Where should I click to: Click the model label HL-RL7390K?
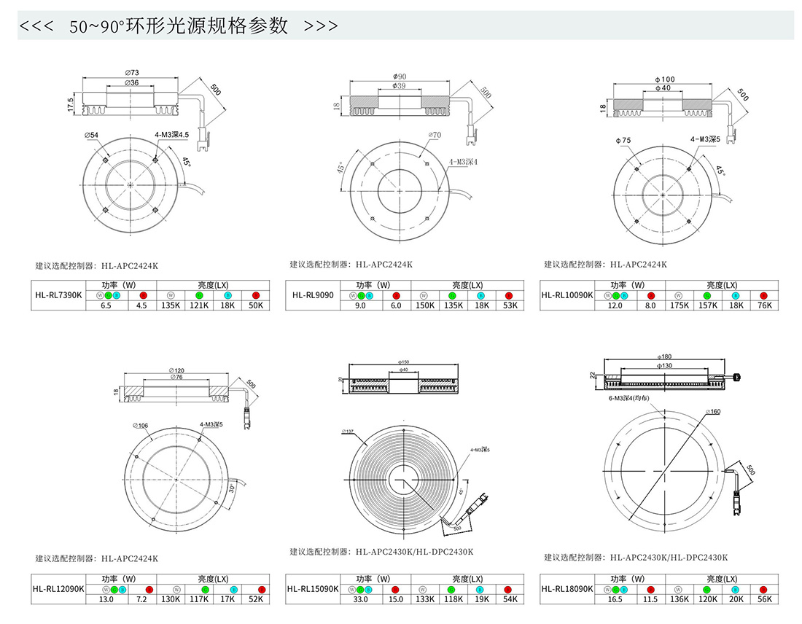point(59,295)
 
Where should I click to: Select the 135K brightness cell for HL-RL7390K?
point(170,306)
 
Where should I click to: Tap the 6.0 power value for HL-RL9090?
point(396,306)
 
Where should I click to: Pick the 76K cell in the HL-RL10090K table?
point(765,306)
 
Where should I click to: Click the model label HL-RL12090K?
point(58,588)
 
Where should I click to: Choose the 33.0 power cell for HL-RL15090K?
point(360,599)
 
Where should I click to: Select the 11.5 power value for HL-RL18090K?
point(650,599)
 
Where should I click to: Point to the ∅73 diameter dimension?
point(132,72)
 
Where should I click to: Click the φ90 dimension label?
point(399,76)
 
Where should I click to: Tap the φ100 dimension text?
point(664,79)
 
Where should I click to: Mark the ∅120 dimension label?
point(175,370)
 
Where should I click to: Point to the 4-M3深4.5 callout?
point(172,135)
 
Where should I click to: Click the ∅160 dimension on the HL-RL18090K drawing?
point(712,412)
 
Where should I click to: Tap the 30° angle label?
point(232,488)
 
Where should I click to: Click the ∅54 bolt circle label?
point(92,135)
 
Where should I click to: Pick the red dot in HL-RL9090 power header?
point(396,295)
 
